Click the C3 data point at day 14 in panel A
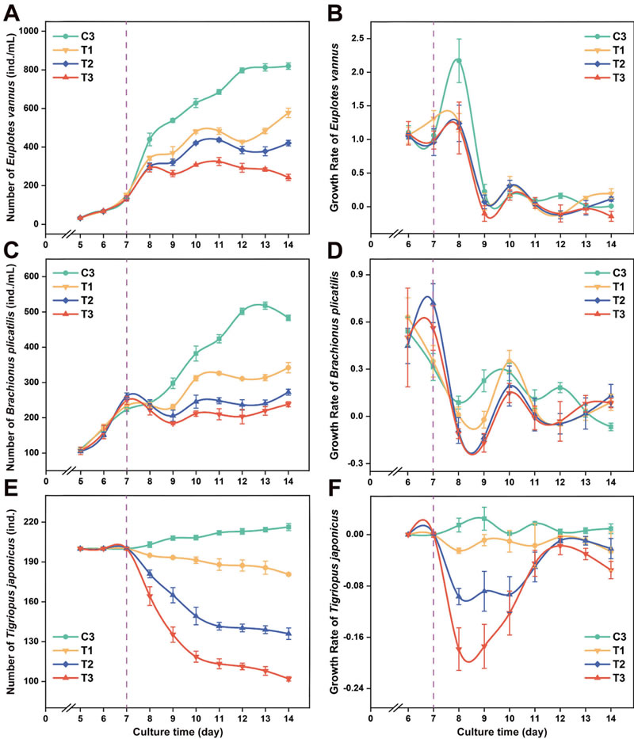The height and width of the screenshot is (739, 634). (x=288, y=66)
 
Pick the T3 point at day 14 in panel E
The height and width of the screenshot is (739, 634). (x=288, y=679)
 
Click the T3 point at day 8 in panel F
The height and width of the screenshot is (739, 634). (x=458, y=649)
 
